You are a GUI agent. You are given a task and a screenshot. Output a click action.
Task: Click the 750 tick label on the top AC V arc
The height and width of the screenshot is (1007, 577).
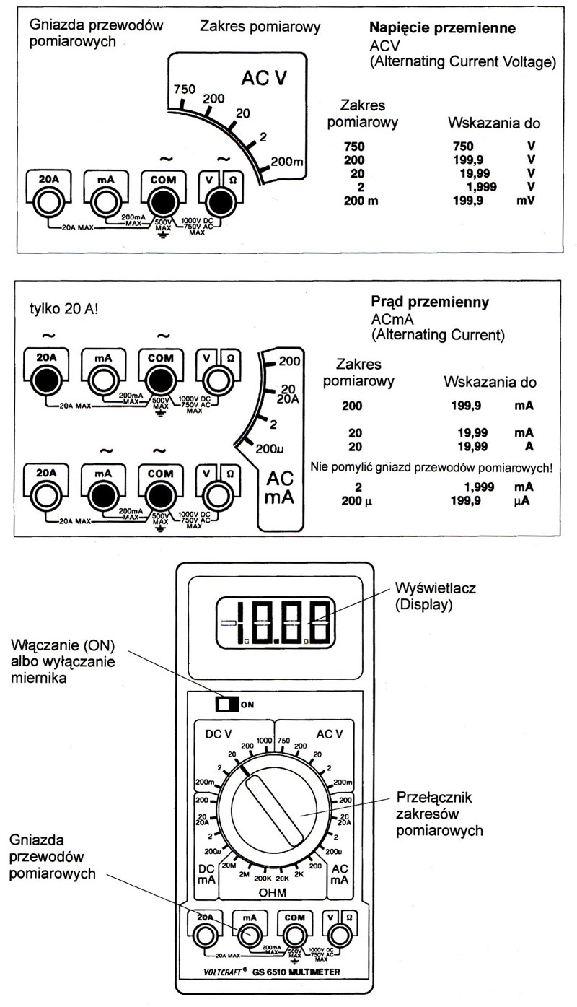point(185,89)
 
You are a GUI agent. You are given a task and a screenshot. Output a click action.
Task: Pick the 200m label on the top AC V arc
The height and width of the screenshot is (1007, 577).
point(287,161)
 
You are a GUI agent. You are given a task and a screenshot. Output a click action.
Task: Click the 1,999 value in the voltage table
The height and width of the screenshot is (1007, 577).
point(472,187)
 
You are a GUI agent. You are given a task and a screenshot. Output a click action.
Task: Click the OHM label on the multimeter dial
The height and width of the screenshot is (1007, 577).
point(272,893)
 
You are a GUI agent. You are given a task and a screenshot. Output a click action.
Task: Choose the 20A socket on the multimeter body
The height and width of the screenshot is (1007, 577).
point(205,936)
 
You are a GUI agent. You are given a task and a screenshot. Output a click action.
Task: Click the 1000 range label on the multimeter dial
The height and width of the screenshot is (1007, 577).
point(264,741)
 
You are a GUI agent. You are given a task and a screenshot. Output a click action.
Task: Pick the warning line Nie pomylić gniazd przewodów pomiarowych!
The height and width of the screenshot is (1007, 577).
point(431,468)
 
